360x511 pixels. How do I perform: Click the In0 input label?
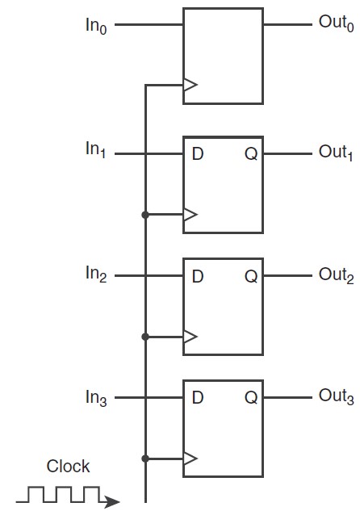tap(96, 25)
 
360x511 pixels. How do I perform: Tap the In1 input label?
tap(96, 149)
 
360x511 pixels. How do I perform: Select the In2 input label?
tap(96, 274)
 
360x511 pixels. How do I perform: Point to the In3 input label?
tap(96, 398)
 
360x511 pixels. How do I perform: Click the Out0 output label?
tap(337, 23)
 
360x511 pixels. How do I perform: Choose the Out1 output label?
tap(336, 153)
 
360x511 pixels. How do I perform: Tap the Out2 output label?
tap(337, 276)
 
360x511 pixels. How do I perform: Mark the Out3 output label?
tap(337, 396)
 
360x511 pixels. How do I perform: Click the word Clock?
tap(68, 466)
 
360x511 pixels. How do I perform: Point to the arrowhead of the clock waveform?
tap(112, 501)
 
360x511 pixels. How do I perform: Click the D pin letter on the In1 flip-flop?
tap(198, 154)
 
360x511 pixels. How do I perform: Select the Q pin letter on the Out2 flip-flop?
tap(251, 277)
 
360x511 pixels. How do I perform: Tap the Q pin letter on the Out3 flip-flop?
tap(251, 398)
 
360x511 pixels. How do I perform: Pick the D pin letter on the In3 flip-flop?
tap(198, 398)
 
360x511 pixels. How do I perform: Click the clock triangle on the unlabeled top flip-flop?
tap(190, 85)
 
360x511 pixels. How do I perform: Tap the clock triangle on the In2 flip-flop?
tap(190, 337)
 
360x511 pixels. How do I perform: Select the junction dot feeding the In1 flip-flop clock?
tap(145, 215)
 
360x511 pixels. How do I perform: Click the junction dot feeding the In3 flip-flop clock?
tap(145, 459)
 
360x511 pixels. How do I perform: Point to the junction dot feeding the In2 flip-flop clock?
tap(145, 337)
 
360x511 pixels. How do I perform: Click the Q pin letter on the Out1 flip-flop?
tap(251, 154)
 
